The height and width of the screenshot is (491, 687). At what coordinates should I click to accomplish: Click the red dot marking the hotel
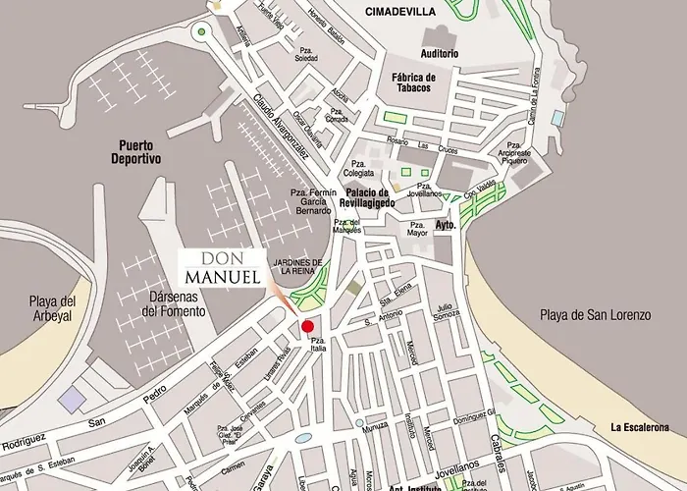(307, 326)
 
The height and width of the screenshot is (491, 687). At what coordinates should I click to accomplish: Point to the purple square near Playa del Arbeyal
(72, 399)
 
